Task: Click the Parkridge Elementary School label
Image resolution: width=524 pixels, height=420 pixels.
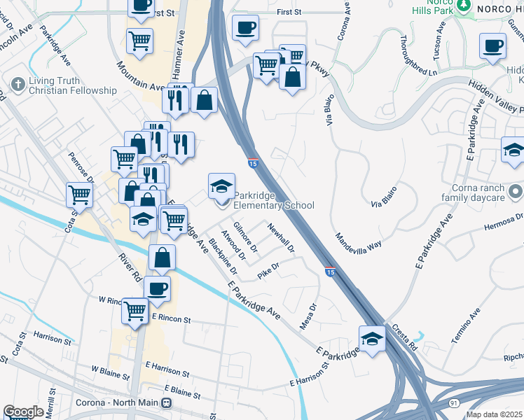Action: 273,200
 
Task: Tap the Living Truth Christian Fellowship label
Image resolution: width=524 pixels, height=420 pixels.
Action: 72,85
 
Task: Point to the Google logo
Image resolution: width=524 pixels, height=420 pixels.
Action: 23,412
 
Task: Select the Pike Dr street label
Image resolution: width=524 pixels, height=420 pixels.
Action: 268,271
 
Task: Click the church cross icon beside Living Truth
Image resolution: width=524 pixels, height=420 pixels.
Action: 17,85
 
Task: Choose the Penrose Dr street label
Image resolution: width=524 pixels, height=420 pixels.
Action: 76,168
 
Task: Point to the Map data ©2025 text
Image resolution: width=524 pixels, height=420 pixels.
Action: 494,414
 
